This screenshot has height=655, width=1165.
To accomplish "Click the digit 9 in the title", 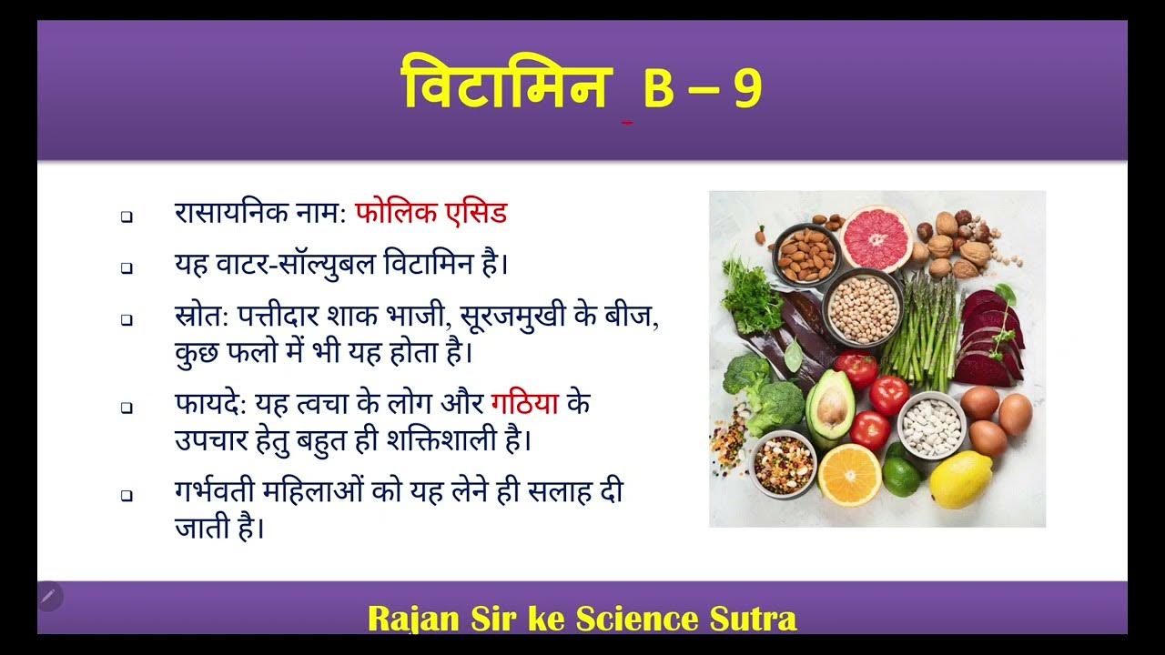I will pos(745,89).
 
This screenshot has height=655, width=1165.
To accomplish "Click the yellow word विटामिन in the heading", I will pos(503,87).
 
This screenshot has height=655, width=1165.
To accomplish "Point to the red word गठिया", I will pos(524,401).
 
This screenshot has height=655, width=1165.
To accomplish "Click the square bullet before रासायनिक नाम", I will pos(127,217).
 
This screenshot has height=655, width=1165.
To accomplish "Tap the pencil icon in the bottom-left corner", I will pos(49,597).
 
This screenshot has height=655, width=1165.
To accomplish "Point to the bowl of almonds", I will pos(805,255).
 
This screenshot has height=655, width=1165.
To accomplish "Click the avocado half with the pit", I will pos(830,408).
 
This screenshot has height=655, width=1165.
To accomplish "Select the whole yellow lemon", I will pos(960,479).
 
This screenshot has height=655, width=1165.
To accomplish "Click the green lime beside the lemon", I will pos(902,476).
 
